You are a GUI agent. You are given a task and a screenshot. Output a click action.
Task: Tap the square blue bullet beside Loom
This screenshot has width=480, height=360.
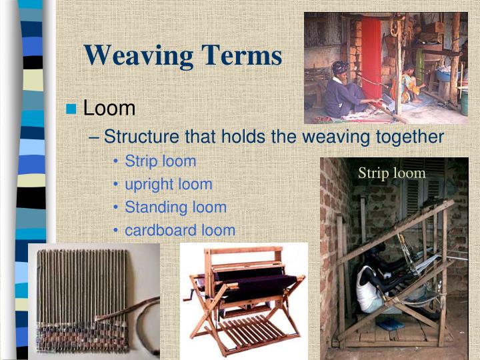pyautogui.click(x=73, y=109)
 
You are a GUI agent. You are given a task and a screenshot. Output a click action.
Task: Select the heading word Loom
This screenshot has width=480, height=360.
pyautogui.click(x=109, y=108)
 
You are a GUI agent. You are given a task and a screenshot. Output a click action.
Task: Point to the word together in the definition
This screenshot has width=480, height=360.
pyautogui.click(x=406, y=137)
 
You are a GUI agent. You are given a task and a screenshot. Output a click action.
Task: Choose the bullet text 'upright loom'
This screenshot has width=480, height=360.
pyautogui.click(x=169, y=184)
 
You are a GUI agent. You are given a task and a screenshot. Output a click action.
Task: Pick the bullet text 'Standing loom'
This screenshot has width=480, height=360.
pyautogui.click(x=175, y=207)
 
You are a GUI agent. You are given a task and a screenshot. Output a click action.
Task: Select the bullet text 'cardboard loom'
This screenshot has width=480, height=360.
pyautogui.click(x=180, y=231)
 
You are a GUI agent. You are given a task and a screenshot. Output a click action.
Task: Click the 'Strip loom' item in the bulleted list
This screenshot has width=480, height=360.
pyautogui.click(x=161, y=161)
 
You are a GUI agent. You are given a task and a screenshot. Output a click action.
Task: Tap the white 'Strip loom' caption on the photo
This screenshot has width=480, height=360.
pyautogui.click(x=391, y=173)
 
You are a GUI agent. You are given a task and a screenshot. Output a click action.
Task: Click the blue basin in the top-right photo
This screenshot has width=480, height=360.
pyautogui.click(x=444, y=76)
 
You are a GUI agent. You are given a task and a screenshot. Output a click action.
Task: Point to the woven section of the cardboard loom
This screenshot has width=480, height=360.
pyautogui.click(x=80, y=333)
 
